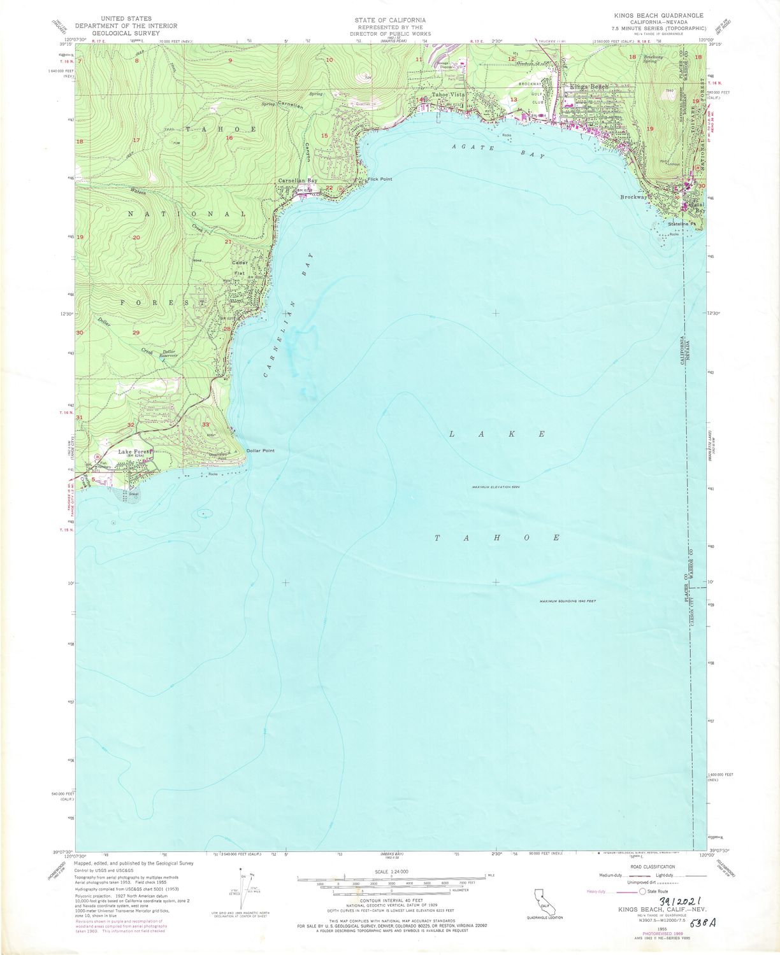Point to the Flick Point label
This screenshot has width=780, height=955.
click(x=380, y=180)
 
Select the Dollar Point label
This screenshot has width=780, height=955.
click(x=260, y=451)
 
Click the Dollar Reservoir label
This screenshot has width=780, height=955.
click(x=169, y=354)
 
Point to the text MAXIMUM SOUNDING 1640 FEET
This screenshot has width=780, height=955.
click(x=567, y=601)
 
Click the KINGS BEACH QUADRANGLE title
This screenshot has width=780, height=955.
click(x=649, y=15)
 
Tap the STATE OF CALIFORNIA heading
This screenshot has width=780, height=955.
click(x=391, y=20)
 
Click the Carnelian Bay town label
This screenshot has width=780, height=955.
click(x=297, y=181)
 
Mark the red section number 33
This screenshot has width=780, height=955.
click(x=206, y=424)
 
